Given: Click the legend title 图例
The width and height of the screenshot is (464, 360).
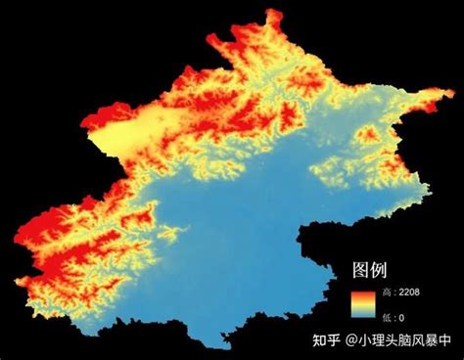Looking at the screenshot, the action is (x=371, y=269).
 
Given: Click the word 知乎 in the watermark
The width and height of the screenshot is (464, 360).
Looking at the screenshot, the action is (x=327, y=341).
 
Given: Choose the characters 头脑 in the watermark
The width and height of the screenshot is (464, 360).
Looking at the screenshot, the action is (x=397, y=341).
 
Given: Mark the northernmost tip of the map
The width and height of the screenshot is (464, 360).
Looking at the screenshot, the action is (x=273, y=11).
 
